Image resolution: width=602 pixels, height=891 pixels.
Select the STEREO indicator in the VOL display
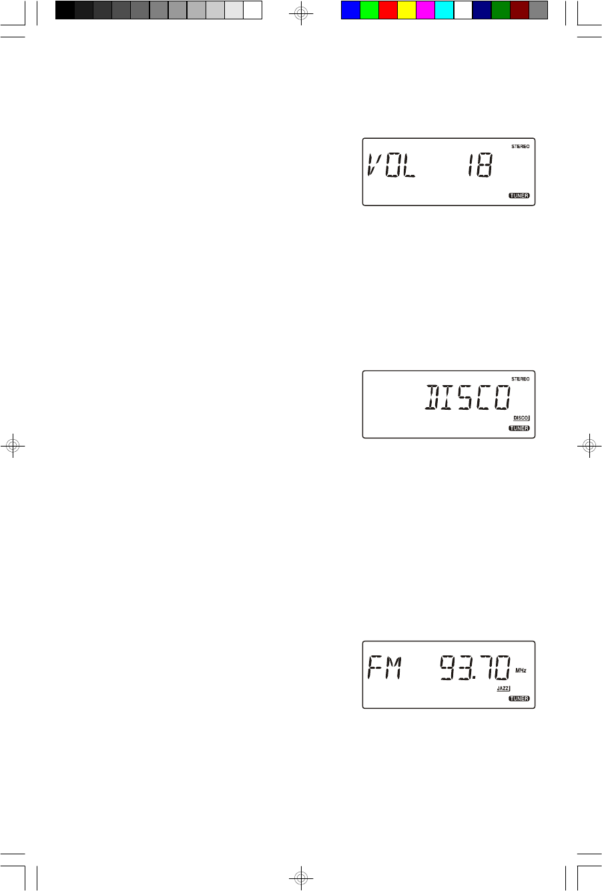point(521,146)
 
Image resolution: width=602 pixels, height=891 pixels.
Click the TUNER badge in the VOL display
point(519,196)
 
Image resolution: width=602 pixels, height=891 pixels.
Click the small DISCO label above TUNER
point(521,418)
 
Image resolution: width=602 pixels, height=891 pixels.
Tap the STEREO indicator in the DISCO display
point(521,378)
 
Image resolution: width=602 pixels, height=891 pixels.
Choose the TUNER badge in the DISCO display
point(519,428)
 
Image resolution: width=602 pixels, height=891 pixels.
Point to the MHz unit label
point(521,669)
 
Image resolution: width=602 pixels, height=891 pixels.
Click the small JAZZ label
point(503,687)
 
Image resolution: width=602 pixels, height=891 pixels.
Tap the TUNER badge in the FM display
point(519,699)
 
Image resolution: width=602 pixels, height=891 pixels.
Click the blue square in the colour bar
point(350,10)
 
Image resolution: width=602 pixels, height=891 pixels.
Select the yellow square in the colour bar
point(406,10)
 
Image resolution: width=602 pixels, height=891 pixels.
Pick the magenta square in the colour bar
point(425,10)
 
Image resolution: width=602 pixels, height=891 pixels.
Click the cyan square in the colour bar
point(444,10)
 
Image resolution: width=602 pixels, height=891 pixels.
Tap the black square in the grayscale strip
point(65,10)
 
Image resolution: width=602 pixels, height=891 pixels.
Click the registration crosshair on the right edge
point(589,446)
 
